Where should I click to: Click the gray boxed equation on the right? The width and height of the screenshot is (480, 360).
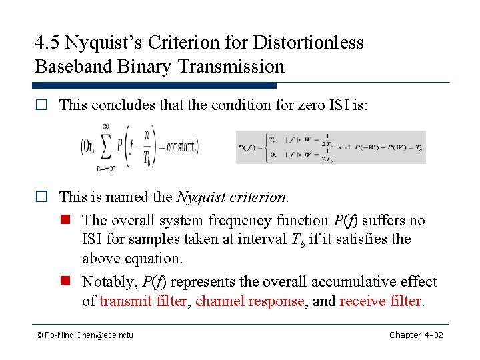(331, 147)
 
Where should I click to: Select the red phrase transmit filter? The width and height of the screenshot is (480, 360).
(143, 301)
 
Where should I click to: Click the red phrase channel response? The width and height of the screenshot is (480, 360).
(249, 301)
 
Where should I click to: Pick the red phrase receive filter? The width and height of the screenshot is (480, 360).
(381, 301)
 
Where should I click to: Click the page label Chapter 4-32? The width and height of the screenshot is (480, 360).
(416, 335)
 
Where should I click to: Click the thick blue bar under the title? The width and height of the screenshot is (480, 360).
(154, 85)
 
